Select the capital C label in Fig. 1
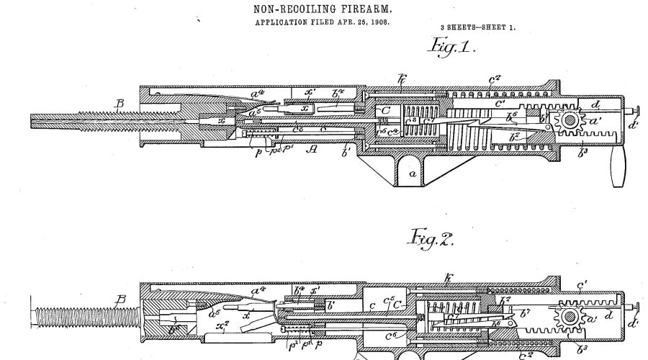[384, 112]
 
